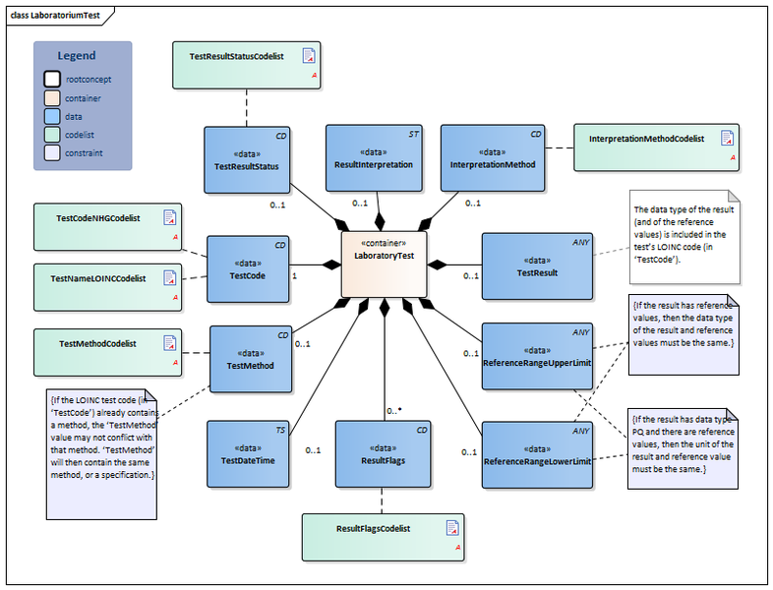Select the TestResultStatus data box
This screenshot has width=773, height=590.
(x=247, y=159)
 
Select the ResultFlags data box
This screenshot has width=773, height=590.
(x=383, y=453)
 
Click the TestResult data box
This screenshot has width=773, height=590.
(x=537, y=265)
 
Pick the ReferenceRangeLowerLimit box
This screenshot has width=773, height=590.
(x=537, y=453)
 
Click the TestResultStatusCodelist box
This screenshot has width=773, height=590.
(x=247, y=67)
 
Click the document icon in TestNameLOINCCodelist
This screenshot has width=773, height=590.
(x=170, y=276)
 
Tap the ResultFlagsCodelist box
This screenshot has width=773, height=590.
(x=383, y=537)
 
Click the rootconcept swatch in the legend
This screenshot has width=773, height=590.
(x=51, y=78)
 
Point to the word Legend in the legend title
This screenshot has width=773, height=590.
(x=78, y=56)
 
